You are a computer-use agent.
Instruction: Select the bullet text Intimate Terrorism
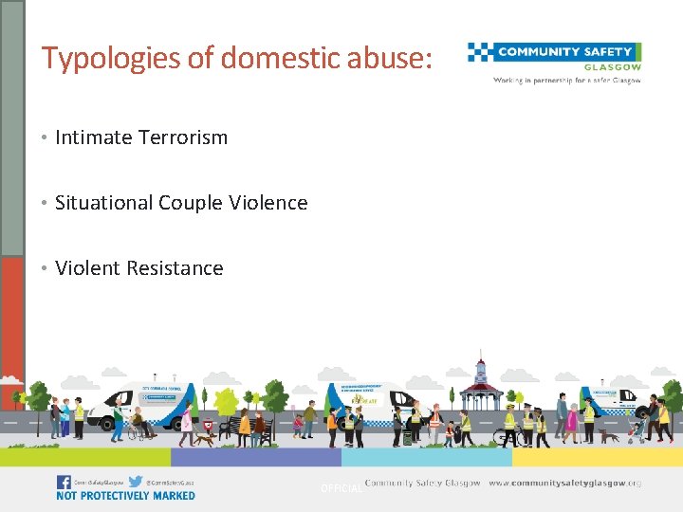coord(141,137)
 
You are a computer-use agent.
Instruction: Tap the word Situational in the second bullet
coord(102,203)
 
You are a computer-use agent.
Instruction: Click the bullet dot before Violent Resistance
coord(45,269)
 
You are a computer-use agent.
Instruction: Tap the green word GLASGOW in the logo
coord(615,67)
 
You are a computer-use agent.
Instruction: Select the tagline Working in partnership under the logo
coord(566,81)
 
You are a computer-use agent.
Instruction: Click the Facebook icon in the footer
coord(64,482)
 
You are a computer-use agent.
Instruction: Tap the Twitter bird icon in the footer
coord(136,482)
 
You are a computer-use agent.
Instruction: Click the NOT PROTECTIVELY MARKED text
coord(125,496)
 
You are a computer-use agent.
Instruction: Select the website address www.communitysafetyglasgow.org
coord(564,484)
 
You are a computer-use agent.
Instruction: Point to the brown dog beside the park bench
coord(204,438)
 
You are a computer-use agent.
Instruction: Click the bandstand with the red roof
coord(482,388)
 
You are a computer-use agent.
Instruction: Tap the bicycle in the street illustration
coord(506,436)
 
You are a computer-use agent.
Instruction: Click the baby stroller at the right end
coord(637,432)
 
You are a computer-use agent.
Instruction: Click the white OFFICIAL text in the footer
coord(341,488)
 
